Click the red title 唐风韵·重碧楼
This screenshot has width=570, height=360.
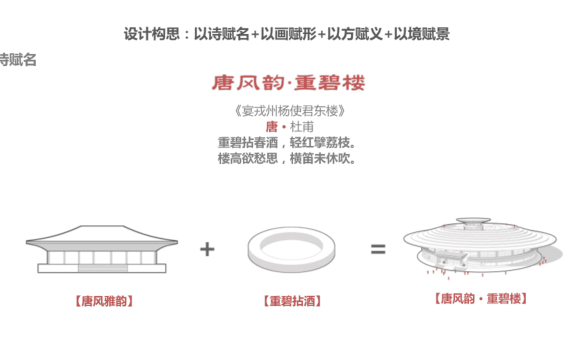point(288,83)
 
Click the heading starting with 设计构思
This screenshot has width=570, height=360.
point(286,34)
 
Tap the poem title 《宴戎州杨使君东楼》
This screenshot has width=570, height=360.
point(289,111)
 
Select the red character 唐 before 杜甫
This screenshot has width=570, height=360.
point(272,127)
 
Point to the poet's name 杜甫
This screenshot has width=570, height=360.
point(302,127)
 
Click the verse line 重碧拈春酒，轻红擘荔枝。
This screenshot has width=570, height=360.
point(287,142)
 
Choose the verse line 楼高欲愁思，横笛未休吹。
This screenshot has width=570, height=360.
point(287,158)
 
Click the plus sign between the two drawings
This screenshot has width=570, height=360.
point(207,249)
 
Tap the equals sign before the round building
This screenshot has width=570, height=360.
point(378,249)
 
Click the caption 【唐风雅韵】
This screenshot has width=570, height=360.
point(104,301)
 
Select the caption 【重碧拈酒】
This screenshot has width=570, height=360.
point(292,301)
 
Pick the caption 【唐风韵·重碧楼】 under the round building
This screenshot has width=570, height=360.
point(481,299)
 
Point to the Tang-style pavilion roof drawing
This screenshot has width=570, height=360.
point(102,236)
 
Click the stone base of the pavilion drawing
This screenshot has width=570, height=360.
point(102,268)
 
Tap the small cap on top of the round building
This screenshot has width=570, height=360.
point(473,221)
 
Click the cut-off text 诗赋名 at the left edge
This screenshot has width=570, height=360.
point(18,60)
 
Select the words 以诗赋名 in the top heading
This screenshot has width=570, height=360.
point(222,34)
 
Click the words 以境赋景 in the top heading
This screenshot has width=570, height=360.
point(422,34)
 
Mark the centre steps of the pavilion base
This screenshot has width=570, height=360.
point(103,269)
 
